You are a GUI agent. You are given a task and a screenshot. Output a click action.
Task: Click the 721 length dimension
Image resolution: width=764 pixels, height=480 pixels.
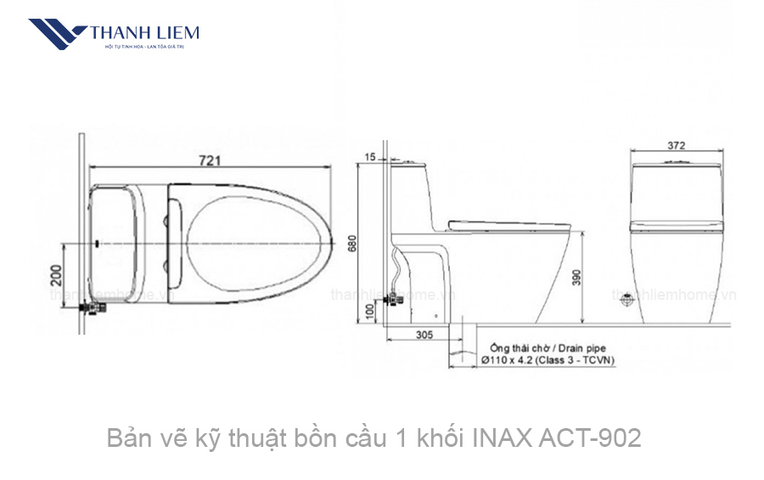211,159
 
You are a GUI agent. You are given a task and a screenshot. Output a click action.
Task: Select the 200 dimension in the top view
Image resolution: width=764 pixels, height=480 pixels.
57,275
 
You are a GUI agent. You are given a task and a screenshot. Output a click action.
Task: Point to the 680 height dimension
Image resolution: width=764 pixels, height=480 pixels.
351,246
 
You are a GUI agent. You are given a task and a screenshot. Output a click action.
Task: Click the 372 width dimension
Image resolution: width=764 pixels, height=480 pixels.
676,145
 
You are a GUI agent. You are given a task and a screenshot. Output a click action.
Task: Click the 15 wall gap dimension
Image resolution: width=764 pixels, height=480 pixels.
369,157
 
